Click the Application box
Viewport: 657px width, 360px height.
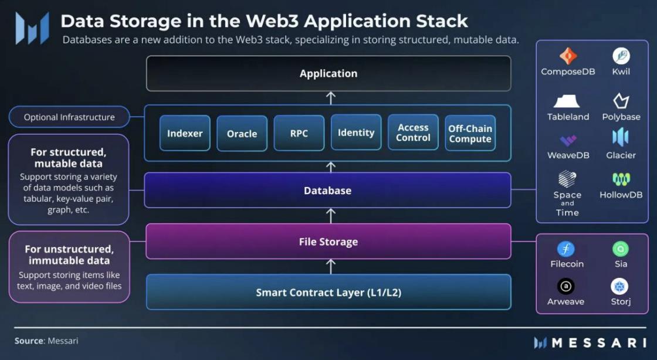[328, 73]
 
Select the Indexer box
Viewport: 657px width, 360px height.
[185, 133]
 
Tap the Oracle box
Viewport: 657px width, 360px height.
[242, 134]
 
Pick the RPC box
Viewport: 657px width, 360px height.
[299, 133]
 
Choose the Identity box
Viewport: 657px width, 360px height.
[355, 133]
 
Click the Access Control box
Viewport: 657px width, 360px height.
[413, 133]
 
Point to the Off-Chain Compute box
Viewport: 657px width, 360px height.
[470, 134]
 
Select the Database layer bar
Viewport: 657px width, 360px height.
[328, 191]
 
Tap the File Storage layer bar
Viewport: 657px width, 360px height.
[328, 242]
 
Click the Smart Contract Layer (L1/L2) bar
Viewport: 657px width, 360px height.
[328, 292]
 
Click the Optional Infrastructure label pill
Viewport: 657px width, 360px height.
[69, 117]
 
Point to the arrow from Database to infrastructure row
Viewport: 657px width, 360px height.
[331, 167]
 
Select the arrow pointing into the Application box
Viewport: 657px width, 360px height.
[331, 97]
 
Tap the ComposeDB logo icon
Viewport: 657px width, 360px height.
[567, 56]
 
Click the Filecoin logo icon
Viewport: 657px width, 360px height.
[566, 249]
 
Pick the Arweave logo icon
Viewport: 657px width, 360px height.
[566, 287]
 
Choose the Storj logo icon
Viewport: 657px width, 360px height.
[620, 287]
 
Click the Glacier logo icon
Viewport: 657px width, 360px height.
[621, 137]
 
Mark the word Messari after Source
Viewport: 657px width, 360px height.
[63, 341]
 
